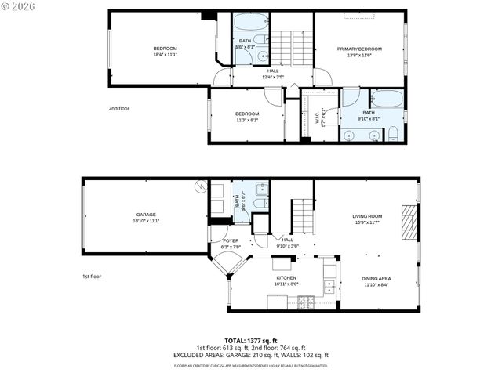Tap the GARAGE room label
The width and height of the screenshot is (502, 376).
tap(146, 215)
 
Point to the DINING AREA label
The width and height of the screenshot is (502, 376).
tap(376, 278)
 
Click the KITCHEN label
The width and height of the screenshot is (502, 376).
tap(286, 278)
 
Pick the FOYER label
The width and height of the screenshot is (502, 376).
tap(231, 240)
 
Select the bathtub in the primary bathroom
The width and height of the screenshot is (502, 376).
tap(385, 98)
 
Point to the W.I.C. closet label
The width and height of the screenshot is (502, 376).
tap(318, 118)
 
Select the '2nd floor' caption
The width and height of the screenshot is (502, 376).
tap(118, 108)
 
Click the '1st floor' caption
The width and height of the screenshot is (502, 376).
tap(93, 276)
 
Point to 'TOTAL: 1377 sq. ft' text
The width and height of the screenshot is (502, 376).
tap(250, 340)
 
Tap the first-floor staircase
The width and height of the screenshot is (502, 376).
tap(303, 215)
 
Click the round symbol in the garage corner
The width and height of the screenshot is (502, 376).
tap(200, 187)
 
